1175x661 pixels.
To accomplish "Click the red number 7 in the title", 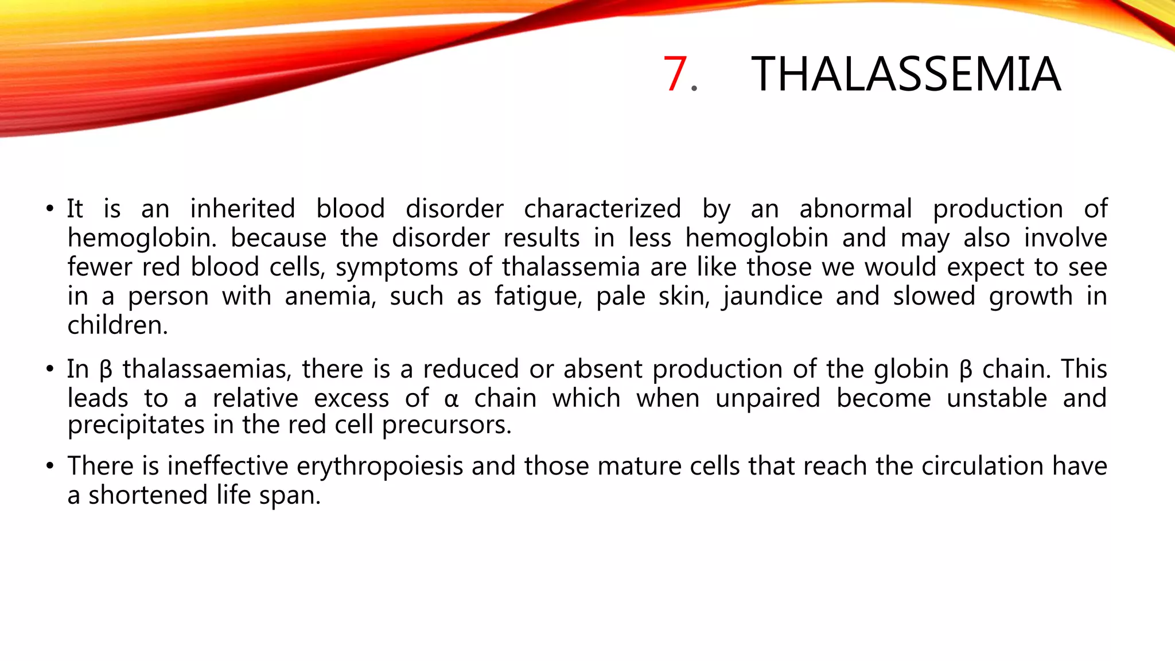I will [675, 74].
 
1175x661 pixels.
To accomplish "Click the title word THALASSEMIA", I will [906, 74].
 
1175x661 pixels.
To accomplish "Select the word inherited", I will [242, 208].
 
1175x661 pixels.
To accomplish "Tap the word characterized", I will [602, 208].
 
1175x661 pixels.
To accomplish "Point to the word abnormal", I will [855, 208].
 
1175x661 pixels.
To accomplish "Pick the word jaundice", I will [772, 297].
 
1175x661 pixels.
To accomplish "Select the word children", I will [117, 325].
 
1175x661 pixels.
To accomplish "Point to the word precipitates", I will [136, 425].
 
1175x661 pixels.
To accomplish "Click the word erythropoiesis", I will [380, 465].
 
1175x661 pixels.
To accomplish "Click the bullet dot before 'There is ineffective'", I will [50, 465].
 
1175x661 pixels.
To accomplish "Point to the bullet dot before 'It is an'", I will [50, 208].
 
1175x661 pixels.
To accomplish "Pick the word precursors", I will [446, 425].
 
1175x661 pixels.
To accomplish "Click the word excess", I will [352, 398].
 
